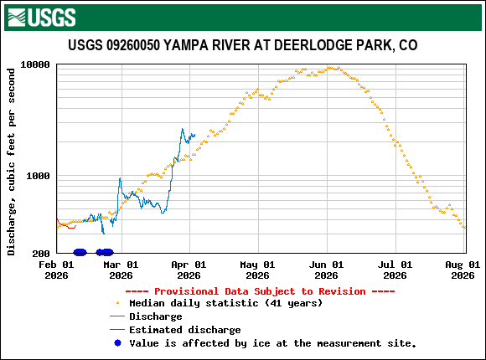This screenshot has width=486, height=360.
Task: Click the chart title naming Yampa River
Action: tap(242, 45)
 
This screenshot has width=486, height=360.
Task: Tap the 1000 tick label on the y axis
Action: tap(38, 176)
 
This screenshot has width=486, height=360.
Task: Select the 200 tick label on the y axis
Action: tap(41, 253)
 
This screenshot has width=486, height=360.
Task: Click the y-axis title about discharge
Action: tap(12, 159)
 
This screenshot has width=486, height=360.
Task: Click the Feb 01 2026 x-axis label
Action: tap(56, 269)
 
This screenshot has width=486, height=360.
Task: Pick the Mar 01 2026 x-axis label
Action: tap(121, 269)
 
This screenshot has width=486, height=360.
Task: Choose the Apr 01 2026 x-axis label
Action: tap(189, 269)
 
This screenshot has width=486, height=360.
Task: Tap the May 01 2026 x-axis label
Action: tap(257, 269)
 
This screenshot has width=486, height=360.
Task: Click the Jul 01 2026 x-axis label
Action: tap(395, 269)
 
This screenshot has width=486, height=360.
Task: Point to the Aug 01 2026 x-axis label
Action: tap(463, 269)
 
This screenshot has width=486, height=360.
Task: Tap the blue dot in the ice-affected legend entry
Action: tap(117, 343)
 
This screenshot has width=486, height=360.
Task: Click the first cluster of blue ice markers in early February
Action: tap(80, 252)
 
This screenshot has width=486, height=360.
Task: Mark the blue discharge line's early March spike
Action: tap(120, 179)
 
